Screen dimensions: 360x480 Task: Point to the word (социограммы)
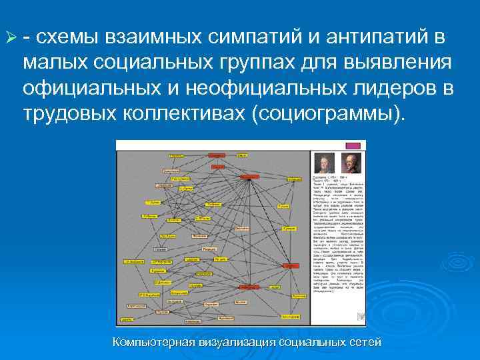point(328,113)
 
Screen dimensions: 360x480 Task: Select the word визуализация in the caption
point(237,343)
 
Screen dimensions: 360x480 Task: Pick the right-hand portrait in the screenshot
point(349,162)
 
